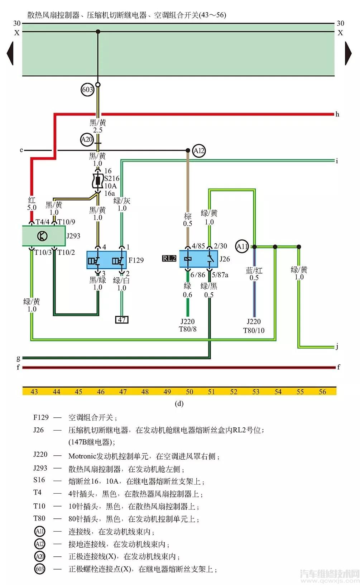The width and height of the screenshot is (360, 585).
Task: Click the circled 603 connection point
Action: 88,89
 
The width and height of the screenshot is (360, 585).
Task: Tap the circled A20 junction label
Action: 87,139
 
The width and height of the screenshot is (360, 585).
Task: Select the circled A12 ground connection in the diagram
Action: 199,151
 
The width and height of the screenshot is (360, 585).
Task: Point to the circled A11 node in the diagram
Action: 242,246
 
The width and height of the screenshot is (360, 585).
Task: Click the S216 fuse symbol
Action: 97,181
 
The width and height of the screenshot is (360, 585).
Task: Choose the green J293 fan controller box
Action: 44,236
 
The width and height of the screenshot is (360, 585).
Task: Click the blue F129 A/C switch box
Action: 106,260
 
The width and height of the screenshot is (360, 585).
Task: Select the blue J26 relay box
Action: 198,259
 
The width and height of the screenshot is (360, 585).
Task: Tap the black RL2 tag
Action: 169,258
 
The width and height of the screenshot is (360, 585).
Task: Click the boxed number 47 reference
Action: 122,320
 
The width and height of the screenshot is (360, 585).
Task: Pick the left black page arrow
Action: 10,53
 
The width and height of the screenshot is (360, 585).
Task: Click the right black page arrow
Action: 348,53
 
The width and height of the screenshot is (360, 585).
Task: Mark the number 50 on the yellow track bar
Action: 189,392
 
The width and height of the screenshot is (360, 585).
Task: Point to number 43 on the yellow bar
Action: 34,392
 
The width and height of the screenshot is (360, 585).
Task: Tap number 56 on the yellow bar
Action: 322,392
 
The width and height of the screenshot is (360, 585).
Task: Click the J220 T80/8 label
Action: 188,325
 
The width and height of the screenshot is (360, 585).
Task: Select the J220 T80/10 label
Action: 254,326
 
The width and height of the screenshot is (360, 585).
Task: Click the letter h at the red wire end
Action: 337,114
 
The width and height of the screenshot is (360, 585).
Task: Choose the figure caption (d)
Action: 179,404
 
